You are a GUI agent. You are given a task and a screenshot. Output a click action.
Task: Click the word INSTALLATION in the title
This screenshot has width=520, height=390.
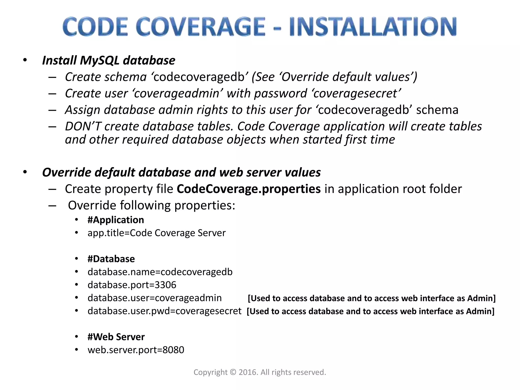pos(373,27)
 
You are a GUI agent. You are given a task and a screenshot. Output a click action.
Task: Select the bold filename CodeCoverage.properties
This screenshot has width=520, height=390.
pos(249,189)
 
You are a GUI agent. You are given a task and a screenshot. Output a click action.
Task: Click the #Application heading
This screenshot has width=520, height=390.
pos(116,220)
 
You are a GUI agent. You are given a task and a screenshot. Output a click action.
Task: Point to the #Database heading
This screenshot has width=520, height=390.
pos(111,259)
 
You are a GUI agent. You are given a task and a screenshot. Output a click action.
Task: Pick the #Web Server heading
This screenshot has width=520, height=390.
pos(116,337)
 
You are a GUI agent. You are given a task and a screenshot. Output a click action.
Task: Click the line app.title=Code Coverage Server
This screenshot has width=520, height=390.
pos(156,233)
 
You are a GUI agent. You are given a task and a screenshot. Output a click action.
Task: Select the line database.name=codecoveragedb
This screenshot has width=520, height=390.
pos(160,272)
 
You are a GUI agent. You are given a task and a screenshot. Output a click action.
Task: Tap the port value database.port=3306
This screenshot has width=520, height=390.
pos(132,285)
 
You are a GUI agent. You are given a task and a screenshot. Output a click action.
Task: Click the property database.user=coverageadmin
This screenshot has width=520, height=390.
pos(155,298)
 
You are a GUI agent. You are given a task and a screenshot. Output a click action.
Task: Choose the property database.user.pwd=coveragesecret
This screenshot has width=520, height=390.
pos(165,311)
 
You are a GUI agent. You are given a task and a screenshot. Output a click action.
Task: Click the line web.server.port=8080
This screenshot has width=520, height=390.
pos(136,350)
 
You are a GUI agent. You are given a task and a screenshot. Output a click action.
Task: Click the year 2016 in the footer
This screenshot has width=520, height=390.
pos(248,372)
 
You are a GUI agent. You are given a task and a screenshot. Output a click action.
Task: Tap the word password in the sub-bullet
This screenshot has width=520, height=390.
pos(281,93)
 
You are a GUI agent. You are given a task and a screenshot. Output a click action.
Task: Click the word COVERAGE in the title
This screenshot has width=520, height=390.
pos(201,27)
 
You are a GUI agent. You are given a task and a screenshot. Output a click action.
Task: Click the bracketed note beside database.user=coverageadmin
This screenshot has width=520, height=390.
pos(372,298)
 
